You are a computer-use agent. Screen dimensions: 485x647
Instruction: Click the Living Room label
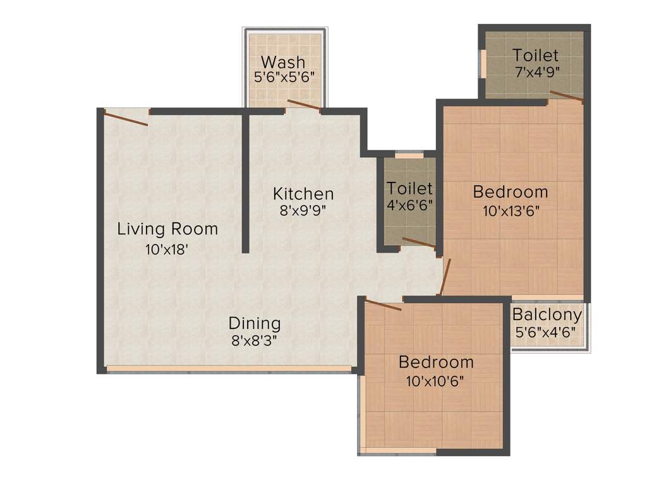[x=167, y=229]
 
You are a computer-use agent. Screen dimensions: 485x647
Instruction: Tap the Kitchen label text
[x=303, y=193]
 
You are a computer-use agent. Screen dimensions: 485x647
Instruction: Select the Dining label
[x=255, y=323]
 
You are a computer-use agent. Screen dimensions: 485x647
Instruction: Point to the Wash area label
[x=283, y=63]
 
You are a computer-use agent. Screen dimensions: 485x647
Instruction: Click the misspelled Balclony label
[x=547, y=315]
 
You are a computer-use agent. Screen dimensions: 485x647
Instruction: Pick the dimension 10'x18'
[x=167, y=249]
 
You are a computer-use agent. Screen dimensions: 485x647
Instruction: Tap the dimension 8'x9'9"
[x=303, y=212]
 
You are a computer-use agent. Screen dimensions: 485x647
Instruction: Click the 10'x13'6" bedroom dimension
[x=511, y=212]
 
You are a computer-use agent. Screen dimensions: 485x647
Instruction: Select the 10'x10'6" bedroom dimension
[x=436, y=382]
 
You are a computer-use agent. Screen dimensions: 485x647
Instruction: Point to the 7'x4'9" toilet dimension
[x=535, y=71]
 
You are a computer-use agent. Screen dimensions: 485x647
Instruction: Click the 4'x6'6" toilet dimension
[x=410, y=205]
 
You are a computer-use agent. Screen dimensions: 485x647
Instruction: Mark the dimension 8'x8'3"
[x=255, y=341]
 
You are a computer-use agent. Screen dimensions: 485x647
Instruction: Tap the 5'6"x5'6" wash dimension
[x=284, y=78]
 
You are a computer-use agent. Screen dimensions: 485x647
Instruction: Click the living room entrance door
[x=126, y=118]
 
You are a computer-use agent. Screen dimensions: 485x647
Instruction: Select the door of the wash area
[x=304, y=105]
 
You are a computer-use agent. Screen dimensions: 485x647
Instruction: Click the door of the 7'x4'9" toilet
[x=566, y=95]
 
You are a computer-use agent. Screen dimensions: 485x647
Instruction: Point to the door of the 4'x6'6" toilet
[x=418, y=243]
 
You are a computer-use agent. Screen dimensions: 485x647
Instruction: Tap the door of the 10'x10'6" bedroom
[x=384, y=306]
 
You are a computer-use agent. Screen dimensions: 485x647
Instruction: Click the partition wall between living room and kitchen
[x=245, y=183]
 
